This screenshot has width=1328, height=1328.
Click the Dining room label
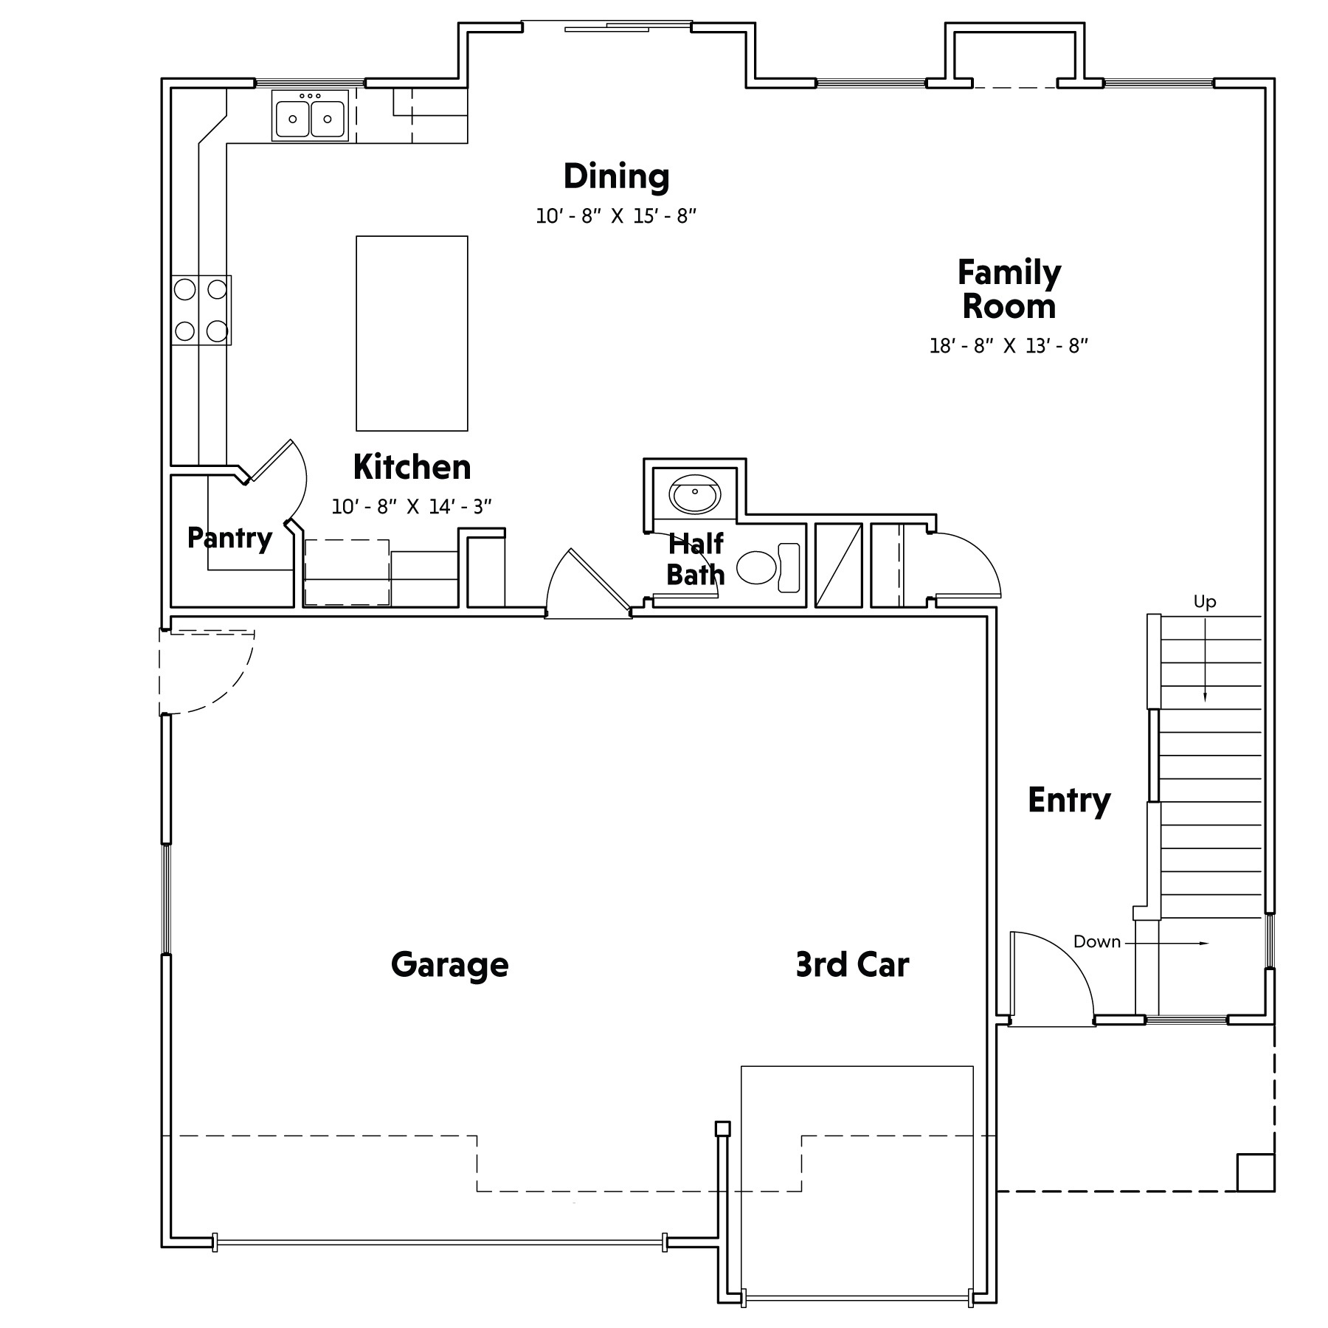coord(617,176)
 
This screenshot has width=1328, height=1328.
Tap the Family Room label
coord(1009,289)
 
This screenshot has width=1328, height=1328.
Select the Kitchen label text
coord(412,467)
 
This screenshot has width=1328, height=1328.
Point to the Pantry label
coord(229,538)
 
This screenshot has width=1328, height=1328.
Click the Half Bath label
coord(696,559)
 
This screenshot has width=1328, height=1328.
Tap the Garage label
coord(449,964)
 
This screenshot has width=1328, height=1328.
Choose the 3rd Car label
coord(853,964)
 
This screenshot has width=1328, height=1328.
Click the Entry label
coord(1069,800)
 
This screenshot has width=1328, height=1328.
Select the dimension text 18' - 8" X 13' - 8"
coord(1009,346)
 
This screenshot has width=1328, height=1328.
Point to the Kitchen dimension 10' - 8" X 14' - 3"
coord(412,507)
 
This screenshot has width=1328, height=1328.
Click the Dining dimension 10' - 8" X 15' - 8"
coord(617,216)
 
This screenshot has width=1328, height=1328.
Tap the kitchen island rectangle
coord(412,333)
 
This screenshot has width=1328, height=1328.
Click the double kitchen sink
coord(310,116)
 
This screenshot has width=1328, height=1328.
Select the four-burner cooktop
coord(201,311)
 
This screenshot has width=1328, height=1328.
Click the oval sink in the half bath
coord(694,494)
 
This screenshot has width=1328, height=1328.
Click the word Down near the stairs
coord(1097,941)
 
